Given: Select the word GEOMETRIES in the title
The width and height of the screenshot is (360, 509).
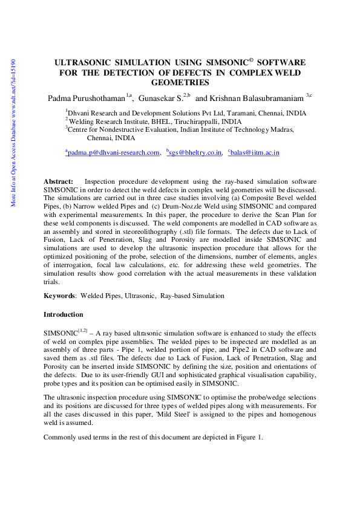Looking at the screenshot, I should point(180,83).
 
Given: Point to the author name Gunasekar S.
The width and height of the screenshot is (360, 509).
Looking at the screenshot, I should point(161,97).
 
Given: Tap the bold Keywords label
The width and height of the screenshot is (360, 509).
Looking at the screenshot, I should point(59,296).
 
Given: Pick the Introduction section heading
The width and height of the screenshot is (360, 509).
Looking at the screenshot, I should point(64,315).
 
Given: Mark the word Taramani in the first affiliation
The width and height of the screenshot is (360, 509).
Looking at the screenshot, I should point(229,113).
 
